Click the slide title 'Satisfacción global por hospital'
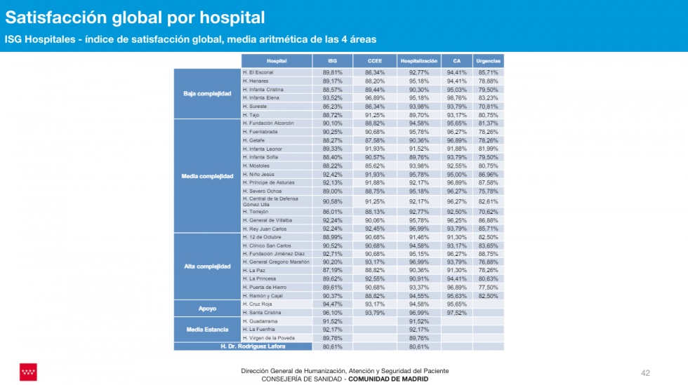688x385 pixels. pos(135,17)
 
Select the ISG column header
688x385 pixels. pos(332,61)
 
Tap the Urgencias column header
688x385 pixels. pos(487,61)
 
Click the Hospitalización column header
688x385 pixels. pos(419,61)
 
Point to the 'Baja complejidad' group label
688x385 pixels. pos(207,93)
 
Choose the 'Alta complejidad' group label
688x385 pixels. pos(207,266)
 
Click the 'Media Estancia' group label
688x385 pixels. pos(207,329)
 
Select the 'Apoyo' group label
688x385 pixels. pos(207,308)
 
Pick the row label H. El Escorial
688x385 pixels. pos(258,72)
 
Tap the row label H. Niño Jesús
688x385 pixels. pos(258,174)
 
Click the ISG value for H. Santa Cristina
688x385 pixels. pos(332,313)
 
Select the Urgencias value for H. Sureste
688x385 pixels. pos(487,106)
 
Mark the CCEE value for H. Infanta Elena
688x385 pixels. pos(374,97)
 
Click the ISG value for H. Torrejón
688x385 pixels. pos(332,211)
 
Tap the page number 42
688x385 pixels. pos(647,372)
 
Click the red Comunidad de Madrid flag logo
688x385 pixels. pos(28,372)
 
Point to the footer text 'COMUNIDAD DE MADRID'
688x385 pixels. pos(388,379)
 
